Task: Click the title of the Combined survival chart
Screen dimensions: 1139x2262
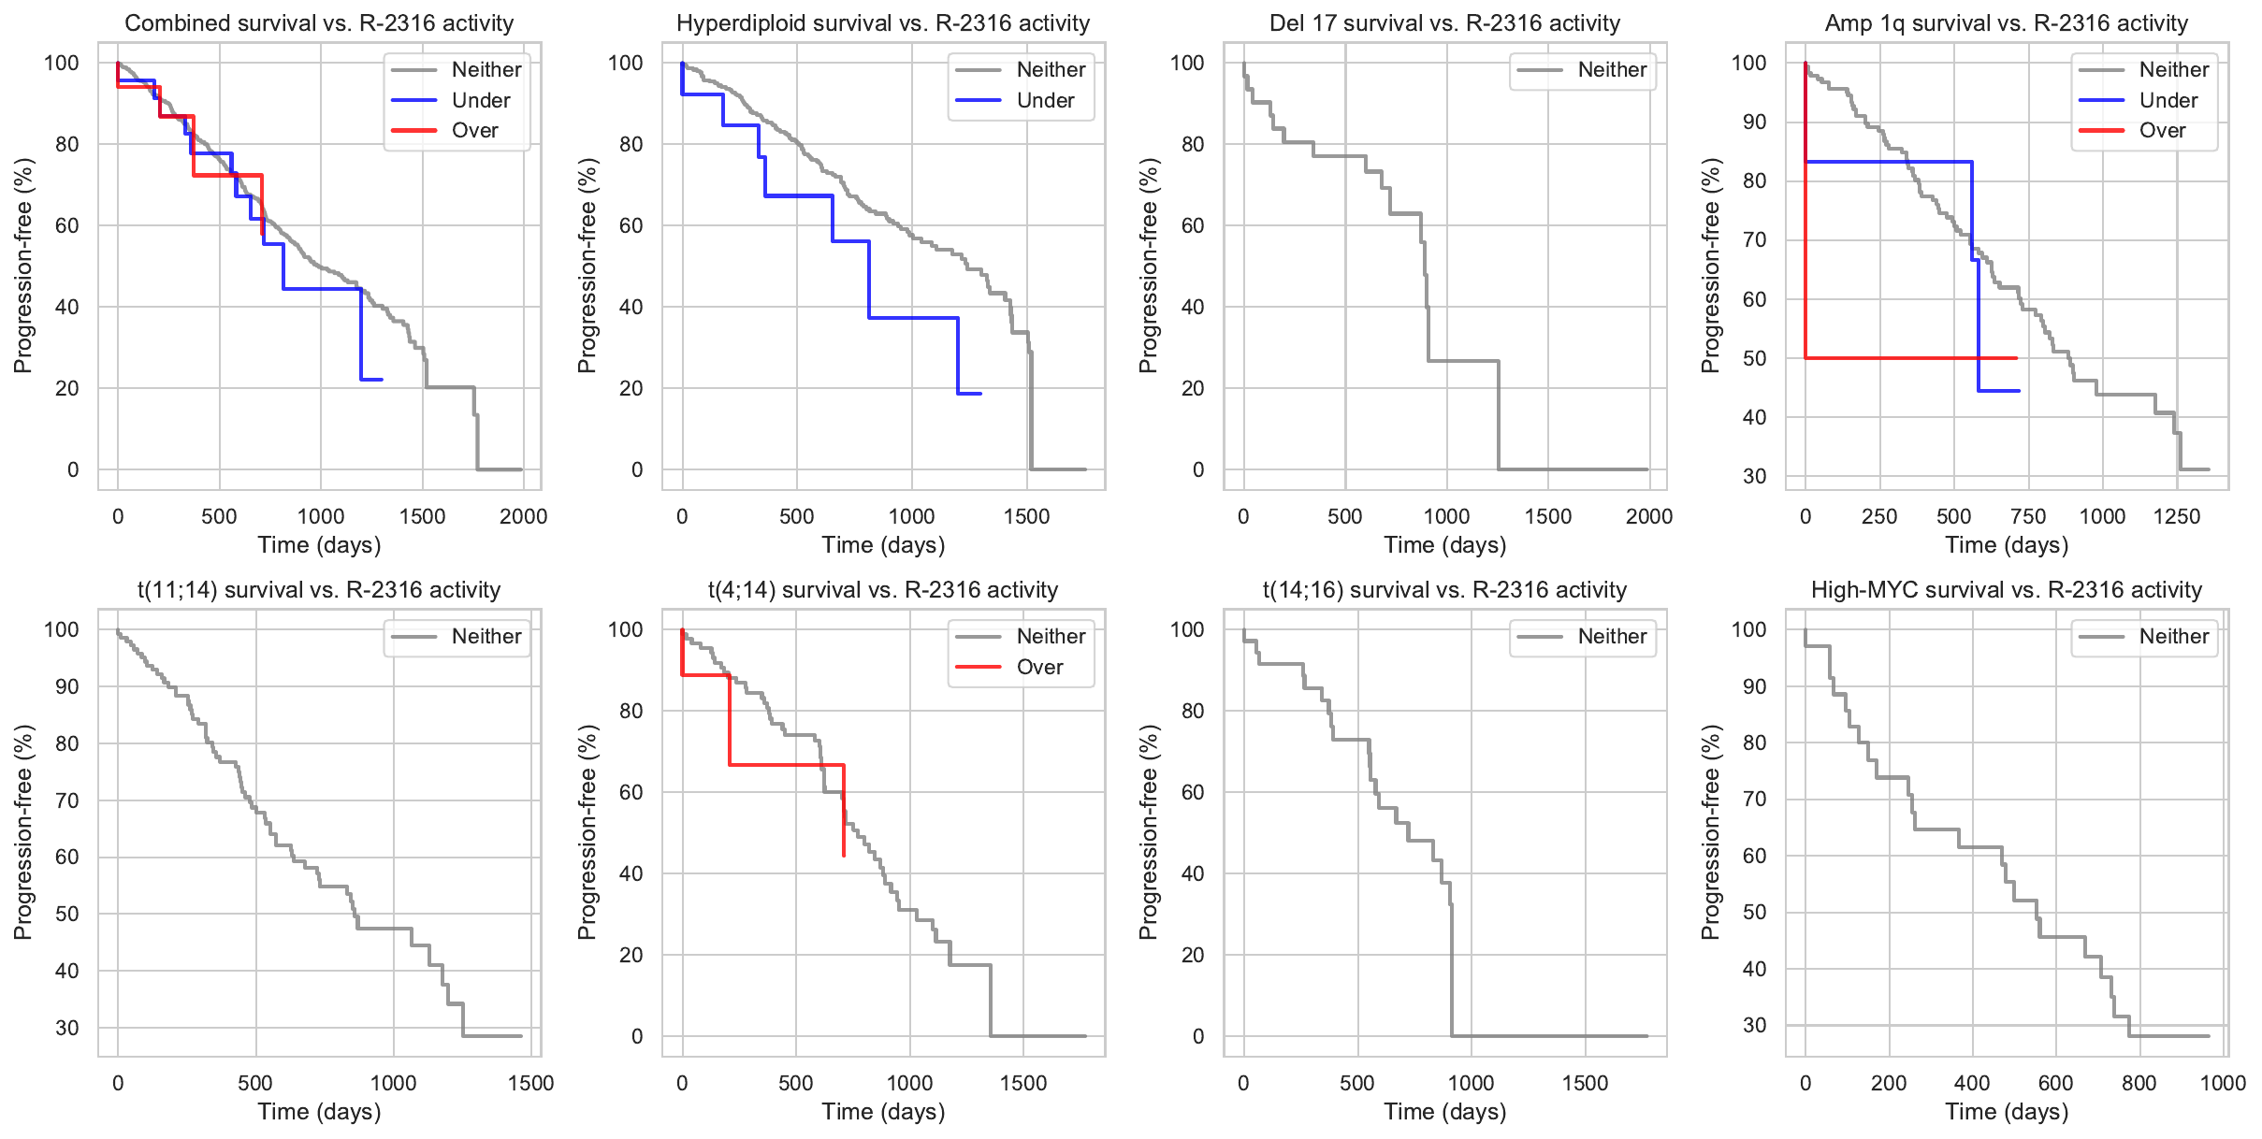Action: click(x=319, y=23)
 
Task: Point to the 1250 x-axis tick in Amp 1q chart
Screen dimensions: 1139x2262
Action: click(x=2177, y=517)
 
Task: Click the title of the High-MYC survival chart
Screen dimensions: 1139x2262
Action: click(x=2007, y=590)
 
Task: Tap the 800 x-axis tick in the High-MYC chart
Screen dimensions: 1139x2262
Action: click(x=2139, y=1084)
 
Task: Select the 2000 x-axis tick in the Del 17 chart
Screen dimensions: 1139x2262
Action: click(x=1649, y=517)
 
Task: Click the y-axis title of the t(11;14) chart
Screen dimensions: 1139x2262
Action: click(x=23, y=832)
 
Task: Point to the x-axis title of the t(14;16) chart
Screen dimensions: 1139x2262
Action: click(x=1445, y=1112)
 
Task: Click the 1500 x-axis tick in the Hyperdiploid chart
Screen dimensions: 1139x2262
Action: click(x=1026, y=517)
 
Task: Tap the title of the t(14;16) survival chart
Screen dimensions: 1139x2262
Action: click(x=1445, y=590)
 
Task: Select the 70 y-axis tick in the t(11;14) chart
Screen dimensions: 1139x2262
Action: click(x=66, y=800)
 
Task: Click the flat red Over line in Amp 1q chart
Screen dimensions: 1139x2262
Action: click(x=1908, y=358)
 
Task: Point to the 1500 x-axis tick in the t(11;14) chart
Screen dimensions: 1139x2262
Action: click(x=530, y=1084)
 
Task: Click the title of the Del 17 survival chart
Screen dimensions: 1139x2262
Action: click(x=1445, y=23)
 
